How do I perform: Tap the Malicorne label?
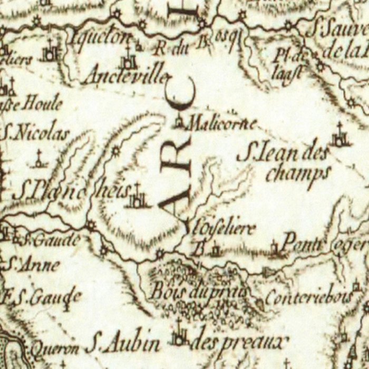pos(222,124)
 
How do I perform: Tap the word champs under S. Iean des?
pos(298,173)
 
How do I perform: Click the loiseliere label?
pos(222,229)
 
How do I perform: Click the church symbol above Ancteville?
pos(128,59)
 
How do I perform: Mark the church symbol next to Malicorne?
pos(179,122)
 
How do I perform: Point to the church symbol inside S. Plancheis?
pos(138,197)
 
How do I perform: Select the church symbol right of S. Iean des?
pos(340,137)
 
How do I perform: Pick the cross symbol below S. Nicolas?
pos(38,159)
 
